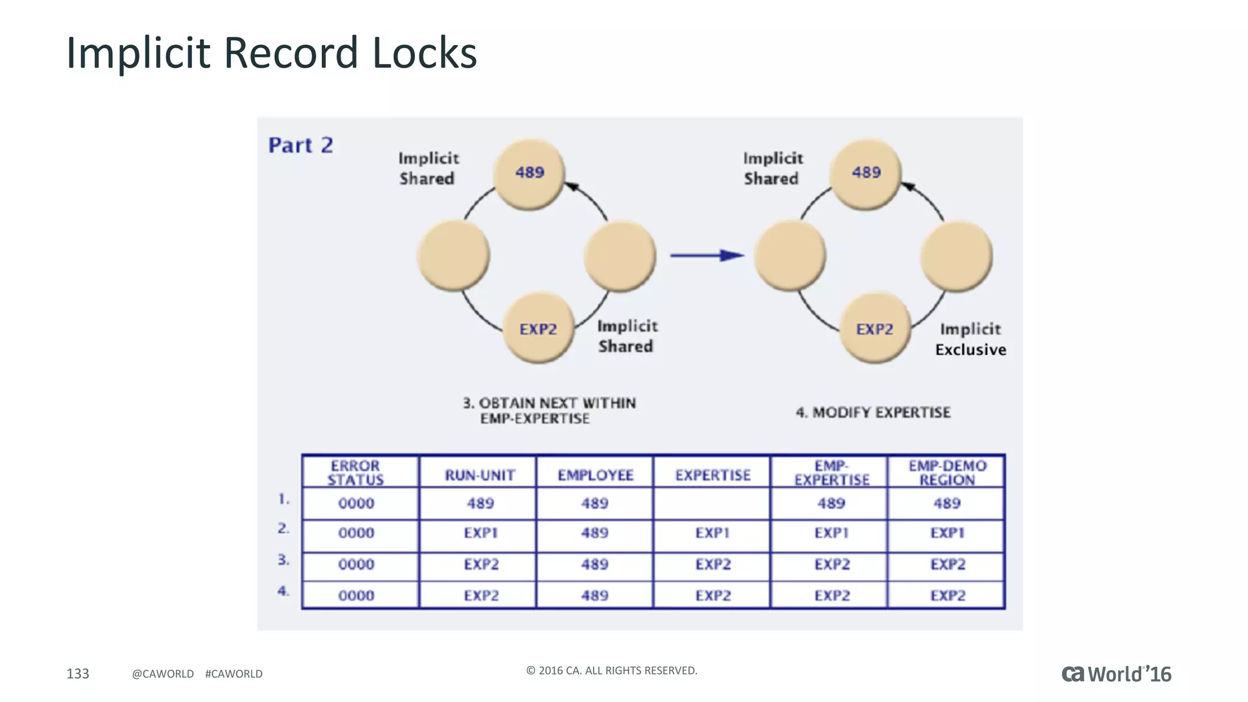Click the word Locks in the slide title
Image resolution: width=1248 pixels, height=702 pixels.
[424, 53]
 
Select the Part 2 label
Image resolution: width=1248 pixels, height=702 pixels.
[300, 145]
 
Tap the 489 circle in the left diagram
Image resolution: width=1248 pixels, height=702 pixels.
[529, 173]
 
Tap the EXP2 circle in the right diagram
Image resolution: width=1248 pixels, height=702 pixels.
[874, 329]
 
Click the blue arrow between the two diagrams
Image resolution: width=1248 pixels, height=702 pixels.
[707, 255]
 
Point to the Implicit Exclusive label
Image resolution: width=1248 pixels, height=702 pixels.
[970, 339]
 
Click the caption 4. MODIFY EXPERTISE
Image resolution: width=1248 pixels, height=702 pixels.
[873, 413]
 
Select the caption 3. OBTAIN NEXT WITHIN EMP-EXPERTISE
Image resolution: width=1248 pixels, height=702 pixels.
[548, 411]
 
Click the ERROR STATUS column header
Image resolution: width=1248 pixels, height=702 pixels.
[355, 473]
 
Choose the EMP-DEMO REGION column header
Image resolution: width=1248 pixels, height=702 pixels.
[947, 473]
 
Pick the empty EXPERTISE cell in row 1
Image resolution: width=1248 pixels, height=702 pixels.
[712, 503]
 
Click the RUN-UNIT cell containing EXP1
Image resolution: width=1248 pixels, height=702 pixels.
[480, 533]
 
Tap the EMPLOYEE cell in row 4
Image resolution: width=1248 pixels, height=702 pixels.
[594, 595]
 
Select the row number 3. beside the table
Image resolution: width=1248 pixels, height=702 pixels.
[283, 559]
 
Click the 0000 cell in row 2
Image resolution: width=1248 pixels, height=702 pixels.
[356, 533]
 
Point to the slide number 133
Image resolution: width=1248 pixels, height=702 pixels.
[77, 673]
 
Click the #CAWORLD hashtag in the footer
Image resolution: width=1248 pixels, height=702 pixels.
[233, 674]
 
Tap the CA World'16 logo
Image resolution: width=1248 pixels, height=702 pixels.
[1116, 674]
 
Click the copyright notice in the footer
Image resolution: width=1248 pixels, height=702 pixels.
[611, 670]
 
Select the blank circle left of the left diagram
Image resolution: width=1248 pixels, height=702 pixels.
[453, 255]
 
